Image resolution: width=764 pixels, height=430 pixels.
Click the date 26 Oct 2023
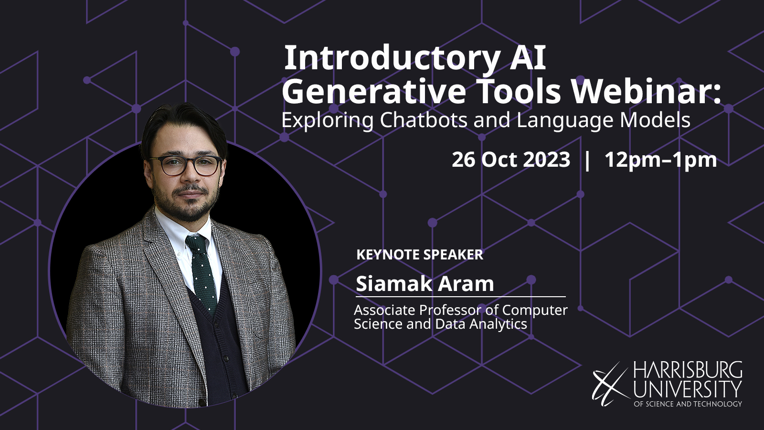(x=510, y=160)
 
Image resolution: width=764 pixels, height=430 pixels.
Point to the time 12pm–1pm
(x=660, y=160)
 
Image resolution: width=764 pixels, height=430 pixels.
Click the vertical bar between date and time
(x=587, y=160)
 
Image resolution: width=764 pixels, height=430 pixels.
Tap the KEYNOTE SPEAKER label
(x=420, y=255)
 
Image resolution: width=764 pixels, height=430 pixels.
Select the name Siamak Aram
(x=425, y=284)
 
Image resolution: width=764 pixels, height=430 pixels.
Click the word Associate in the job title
(x=384, y=310)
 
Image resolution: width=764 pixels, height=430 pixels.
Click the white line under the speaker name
(x=460, y=297)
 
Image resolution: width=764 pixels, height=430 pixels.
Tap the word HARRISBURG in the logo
(x=688, y=370)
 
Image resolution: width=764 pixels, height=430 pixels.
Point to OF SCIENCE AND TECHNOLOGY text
(x=688, y=404)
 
